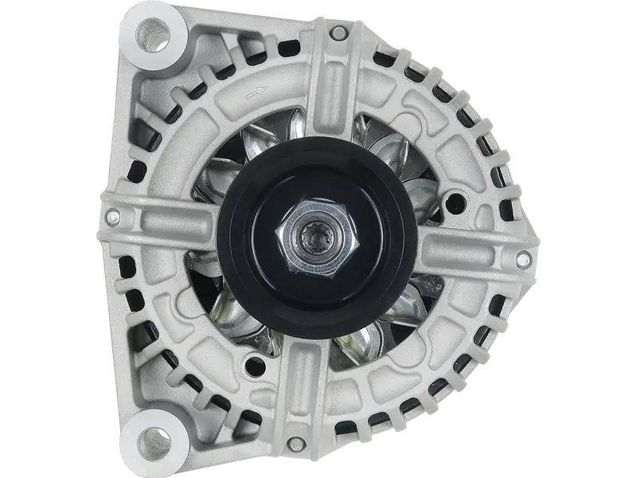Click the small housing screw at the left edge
tap(112, 215)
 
